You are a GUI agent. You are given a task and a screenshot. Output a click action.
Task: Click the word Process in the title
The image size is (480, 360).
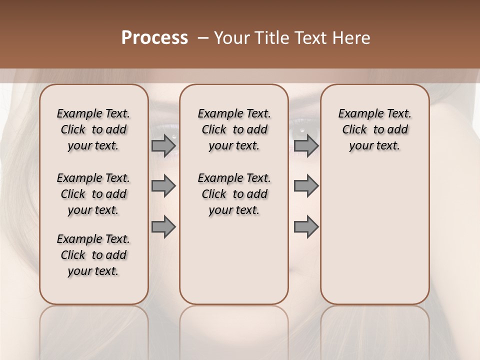[x=154, y=38]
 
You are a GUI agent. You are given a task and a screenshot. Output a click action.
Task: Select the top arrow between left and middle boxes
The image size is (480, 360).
[x=163, y=145]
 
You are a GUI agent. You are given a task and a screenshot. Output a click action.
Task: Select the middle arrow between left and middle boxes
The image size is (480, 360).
[x=163, y=186]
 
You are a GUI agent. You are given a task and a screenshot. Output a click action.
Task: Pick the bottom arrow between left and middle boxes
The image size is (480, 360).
[x=163, y=227]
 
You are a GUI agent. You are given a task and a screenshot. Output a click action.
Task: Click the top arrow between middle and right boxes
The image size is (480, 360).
[x=306, y=145]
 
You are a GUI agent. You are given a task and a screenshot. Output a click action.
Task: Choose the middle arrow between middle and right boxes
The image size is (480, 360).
[x=306, y=186]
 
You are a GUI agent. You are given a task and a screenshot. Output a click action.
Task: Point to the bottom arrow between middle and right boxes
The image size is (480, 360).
[x=306, y=227]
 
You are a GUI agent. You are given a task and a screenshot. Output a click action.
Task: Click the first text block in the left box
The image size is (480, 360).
[x=93, y=129]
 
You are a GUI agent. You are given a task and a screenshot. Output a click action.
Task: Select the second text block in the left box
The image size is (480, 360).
[x=93, y=194]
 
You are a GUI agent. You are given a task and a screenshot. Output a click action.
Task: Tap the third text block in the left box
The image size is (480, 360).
[x=93, y=255]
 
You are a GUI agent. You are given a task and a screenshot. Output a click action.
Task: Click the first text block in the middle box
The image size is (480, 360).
[x=234, y=129]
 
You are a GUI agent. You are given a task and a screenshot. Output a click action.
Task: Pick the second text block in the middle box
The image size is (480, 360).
[x=234, y=194]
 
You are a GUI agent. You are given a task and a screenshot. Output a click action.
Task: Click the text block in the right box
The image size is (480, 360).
[x=374, y=129]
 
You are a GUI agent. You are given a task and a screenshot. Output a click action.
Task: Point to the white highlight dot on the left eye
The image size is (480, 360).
[x=174, y=136]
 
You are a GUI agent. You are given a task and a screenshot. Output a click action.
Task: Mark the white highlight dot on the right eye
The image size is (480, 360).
[x=302, y=130]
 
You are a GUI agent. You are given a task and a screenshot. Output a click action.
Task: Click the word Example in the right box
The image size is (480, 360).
[x=356, y=114]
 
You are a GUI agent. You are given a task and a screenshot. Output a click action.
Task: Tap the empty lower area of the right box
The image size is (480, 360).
[x=374, y=240]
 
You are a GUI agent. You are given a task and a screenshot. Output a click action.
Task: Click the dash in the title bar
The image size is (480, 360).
[x=203, y=38]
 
